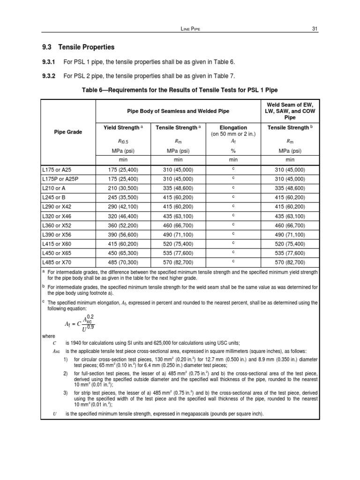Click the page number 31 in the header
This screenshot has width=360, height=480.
(315, 29)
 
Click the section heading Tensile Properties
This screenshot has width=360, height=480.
(86, 47)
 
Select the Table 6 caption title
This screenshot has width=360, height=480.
(180, 90)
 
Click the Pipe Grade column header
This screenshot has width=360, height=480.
(68, 132)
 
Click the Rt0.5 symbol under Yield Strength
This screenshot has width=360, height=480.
(123, 140)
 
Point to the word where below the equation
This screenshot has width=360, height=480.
(48, 336)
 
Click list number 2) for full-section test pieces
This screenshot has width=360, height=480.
(66, 373)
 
